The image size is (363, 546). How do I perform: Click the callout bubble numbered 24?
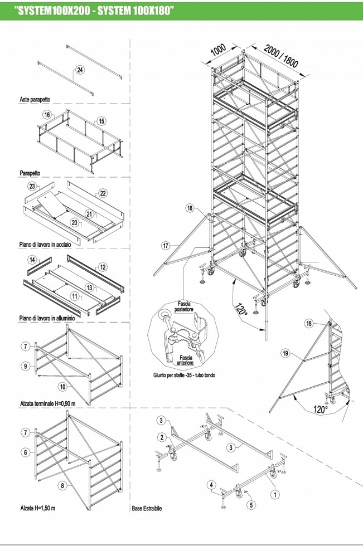pos(81,70)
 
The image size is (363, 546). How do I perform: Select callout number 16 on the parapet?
pos(47,115)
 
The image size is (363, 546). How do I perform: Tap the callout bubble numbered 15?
pos(101,121)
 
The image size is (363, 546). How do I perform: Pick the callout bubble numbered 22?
pos(103,193)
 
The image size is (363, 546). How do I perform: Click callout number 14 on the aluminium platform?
pos(32,260)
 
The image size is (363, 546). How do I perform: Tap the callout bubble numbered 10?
pos(62,386)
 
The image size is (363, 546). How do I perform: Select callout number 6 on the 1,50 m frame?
pos(26,452)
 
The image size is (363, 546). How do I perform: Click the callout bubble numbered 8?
pos(62,486)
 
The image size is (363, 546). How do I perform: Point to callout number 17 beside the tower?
pos(165,245)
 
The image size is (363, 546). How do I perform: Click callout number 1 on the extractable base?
pos(274,493)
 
